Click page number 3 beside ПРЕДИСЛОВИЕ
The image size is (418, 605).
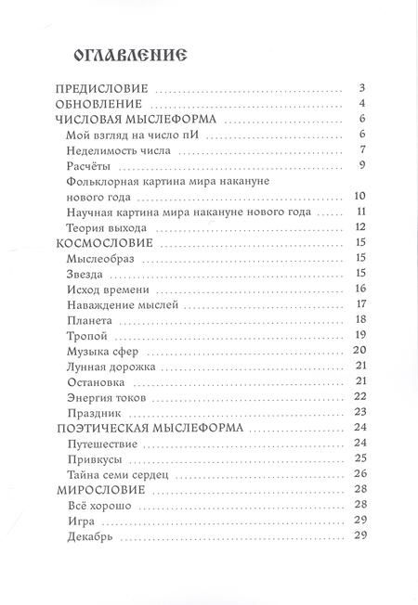point(361,89)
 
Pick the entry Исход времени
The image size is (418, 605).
point(109,289)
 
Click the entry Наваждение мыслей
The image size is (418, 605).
point(123,304)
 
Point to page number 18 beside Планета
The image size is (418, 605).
point(361,319)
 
